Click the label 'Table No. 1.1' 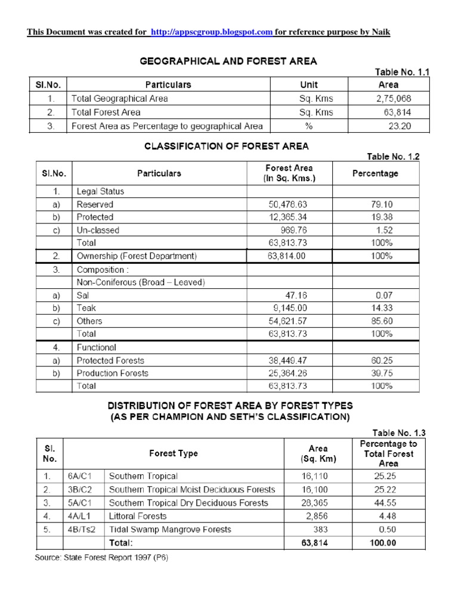(x=402, y=72)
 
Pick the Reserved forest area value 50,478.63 (x=288, y=204)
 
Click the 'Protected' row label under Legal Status (x=95, y=217)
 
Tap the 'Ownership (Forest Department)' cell (x=137, y=256)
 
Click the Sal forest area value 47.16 (x=296, y=295)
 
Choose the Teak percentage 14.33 (x=382, y=308)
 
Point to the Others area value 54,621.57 (x=288, y=321)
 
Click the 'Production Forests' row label (x=113, y=373)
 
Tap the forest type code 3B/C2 (x=80, y=490)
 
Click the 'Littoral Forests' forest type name (x=138, y=516)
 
